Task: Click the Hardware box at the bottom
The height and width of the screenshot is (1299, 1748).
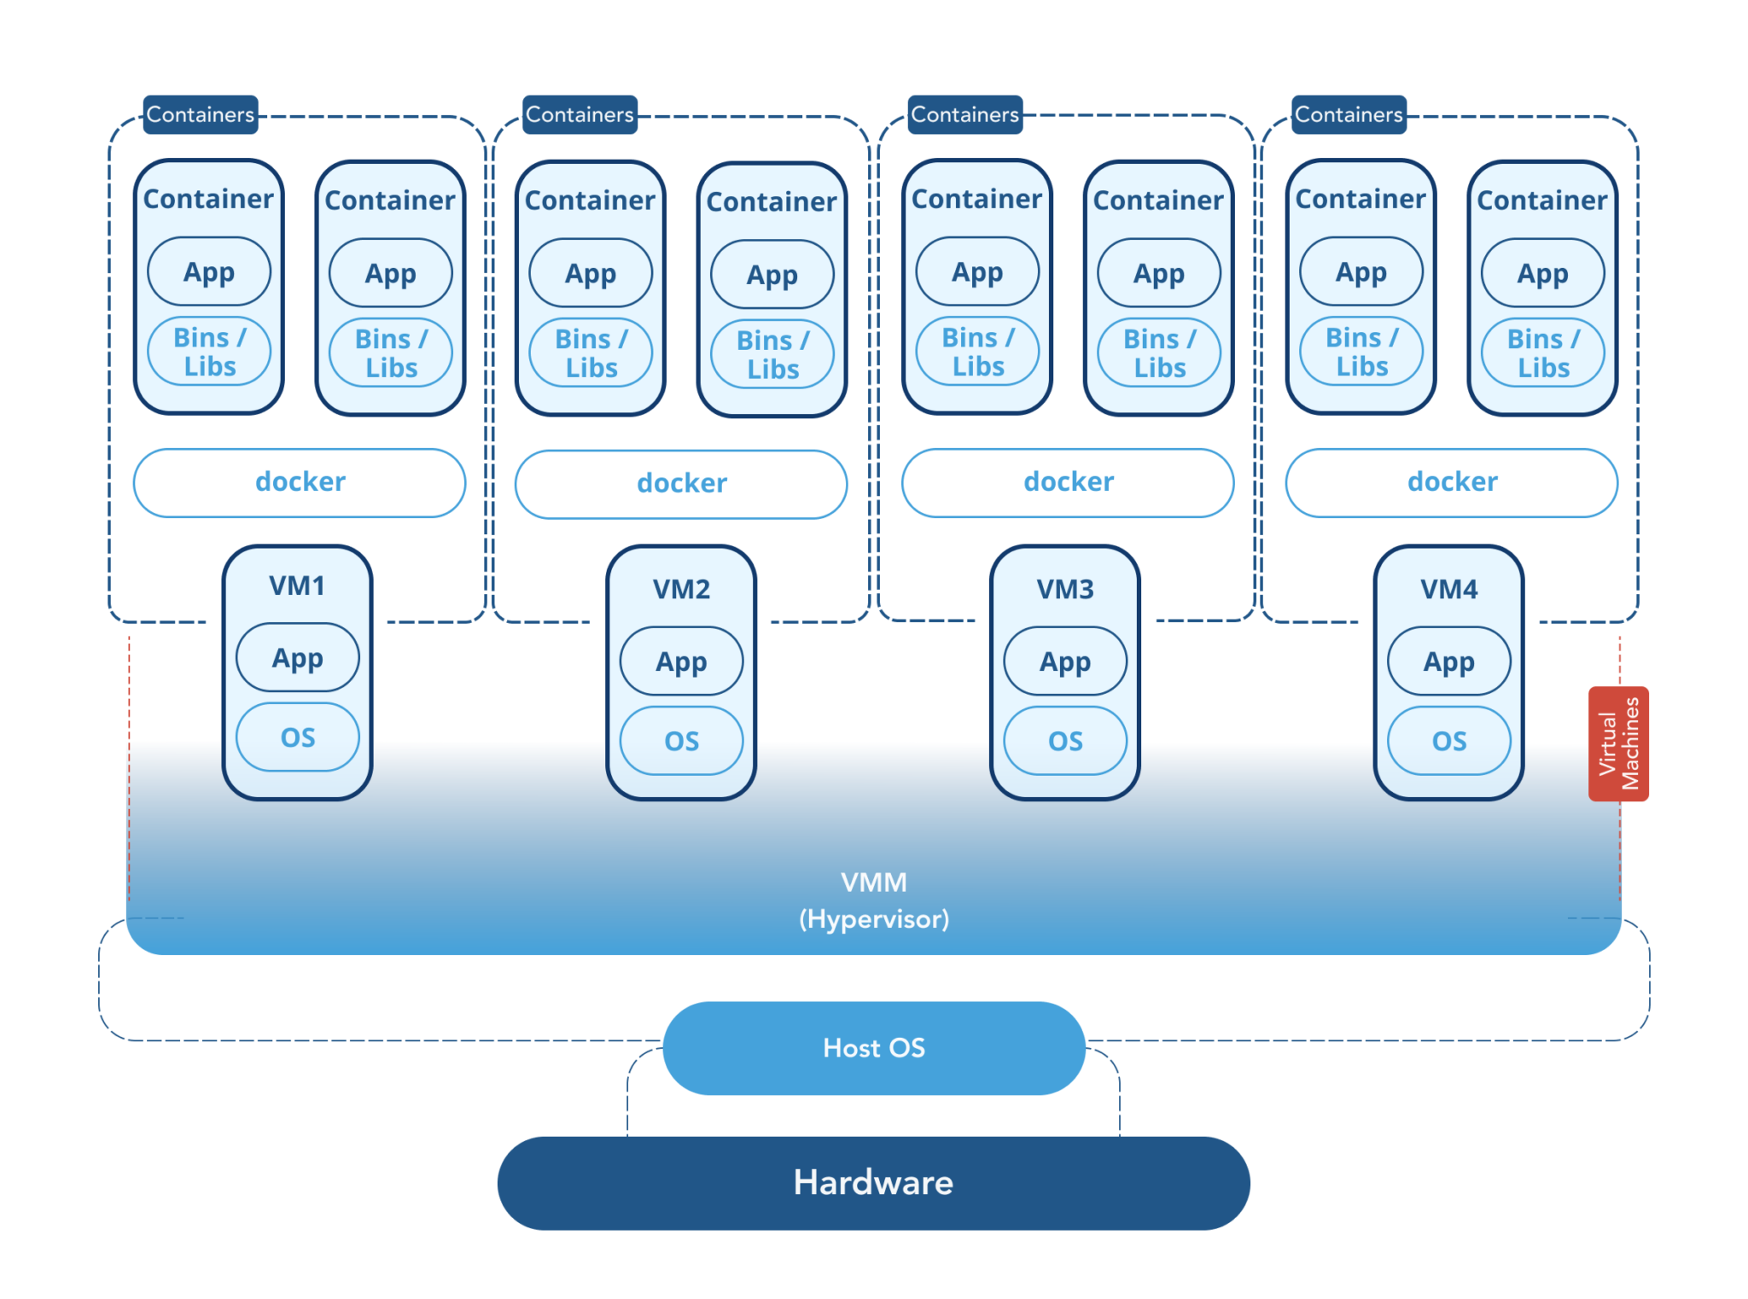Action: coord(873,1182)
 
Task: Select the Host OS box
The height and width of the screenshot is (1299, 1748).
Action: coord(873,1047)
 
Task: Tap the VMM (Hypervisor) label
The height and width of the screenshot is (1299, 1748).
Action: coord(873,900)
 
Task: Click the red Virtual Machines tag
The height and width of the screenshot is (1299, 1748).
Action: coord(1617,743)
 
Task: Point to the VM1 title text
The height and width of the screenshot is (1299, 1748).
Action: coord(297,585)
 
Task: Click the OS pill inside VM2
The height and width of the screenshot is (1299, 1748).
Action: coord(681,740)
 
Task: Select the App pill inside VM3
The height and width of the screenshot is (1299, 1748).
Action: coord(1064,661)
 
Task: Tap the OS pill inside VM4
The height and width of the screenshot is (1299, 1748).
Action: coord(1448,740)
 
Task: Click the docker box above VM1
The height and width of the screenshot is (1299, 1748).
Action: coord(300,482)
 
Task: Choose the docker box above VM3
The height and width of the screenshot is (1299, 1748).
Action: coord(1068,482)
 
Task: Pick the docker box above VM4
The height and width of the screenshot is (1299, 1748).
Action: coord(1451,482)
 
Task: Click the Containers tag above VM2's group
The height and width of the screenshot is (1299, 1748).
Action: coord(580,114)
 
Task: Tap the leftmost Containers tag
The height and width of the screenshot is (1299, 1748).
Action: coord(201,114)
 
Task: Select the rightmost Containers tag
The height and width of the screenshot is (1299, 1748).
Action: coord(1349,114)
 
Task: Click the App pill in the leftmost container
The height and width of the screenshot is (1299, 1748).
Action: coord(209,271)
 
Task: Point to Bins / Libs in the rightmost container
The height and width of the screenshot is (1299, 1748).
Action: coord(1542,352)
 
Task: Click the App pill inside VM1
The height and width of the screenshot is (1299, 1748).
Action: coord(297,657)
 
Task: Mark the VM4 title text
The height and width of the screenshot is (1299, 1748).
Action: coord(1448,589)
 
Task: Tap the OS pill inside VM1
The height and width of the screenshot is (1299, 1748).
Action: coord(297,737)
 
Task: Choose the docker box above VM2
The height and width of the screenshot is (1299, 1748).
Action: coord(681,484)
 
